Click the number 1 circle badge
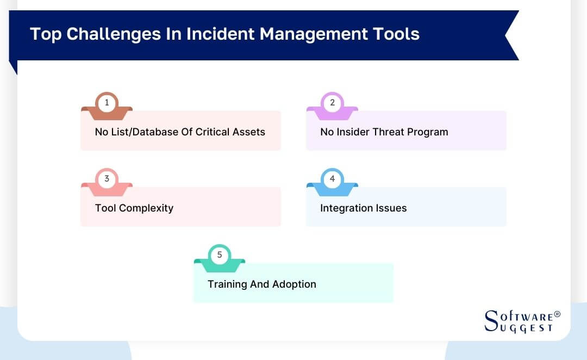(107, 102)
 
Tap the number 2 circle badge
(332, 102)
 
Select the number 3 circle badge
(107, 178)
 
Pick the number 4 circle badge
(332, 178)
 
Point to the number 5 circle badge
(220, 255)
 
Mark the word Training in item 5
(228, 284)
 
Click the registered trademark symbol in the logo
(557, 315)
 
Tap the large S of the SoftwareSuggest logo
(490, 321)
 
